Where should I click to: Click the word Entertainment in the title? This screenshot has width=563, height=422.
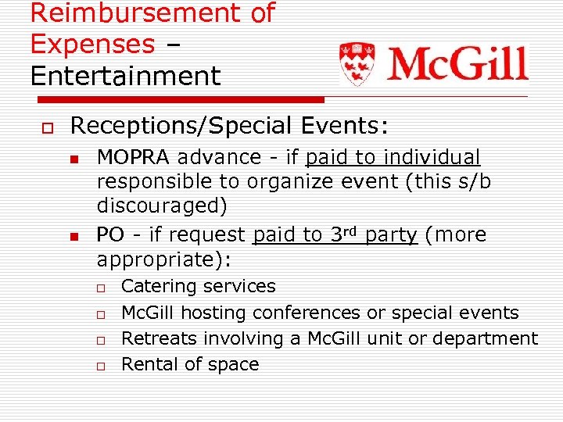click(125, 76)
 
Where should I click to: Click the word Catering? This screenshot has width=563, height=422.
click(156, 286)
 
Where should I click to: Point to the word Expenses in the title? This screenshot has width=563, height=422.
click(92, 44)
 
